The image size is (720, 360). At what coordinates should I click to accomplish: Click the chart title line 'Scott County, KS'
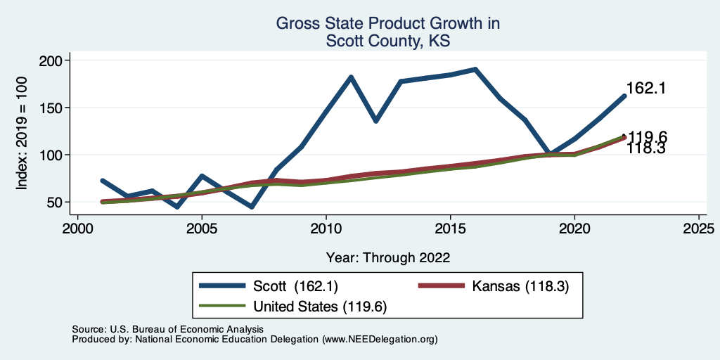[387, 41]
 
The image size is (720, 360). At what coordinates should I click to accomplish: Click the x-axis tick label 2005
[202, 229]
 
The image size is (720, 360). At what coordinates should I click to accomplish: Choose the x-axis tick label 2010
[326, 229]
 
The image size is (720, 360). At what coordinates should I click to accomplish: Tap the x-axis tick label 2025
[699, 229]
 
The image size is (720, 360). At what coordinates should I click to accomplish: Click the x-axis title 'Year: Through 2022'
[388, 257]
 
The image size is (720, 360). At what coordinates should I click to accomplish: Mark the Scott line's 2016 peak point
[475, 70]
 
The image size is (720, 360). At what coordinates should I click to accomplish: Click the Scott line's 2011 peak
[351, 77]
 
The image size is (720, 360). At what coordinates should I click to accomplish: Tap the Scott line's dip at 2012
[376, 121]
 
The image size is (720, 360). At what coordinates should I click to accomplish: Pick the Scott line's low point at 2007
[252, 207]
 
